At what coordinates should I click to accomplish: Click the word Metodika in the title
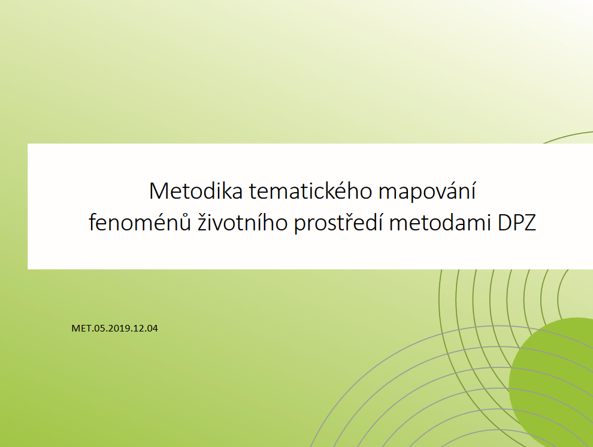pyautogui.click(x=196, y=191)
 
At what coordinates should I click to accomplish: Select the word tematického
pyautogui.click(x=310, y=191)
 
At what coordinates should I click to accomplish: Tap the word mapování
pyautogui.click(x=427, y=191)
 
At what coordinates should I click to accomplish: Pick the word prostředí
pyautogui.click(x=338, y=223)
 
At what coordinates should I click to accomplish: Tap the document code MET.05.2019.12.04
pyautogui.click(x=114, y=329)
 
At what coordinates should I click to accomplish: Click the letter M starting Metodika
pyautogui.click(x=159, y=191)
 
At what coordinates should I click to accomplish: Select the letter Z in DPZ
pyautogui.click(x=529, y=223)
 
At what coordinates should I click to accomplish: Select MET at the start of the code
pyautogui.click(x=81, y=329)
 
